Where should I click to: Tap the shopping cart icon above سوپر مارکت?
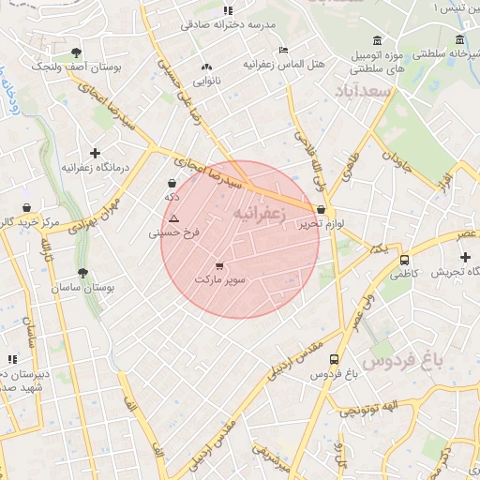219,266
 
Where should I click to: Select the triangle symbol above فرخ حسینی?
173,218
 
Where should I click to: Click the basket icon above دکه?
172,184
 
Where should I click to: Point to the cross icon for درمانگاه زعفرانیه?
95,153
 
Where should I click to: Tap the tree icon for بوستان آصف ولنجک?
75,52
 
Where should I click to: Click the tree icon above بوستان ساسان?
83,274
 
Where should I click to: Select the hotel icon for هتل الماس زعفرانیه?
284,51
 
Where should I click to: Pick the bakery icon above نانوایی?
207,67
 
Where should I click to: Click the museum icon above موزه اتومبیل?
376,39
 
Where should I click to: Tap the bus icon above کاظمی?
404,260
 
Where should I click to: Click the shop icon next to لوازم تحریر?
322,211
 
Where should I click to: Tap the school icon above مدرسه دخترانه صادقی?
228,10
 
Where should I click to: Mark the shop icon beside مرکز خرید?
25,208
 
